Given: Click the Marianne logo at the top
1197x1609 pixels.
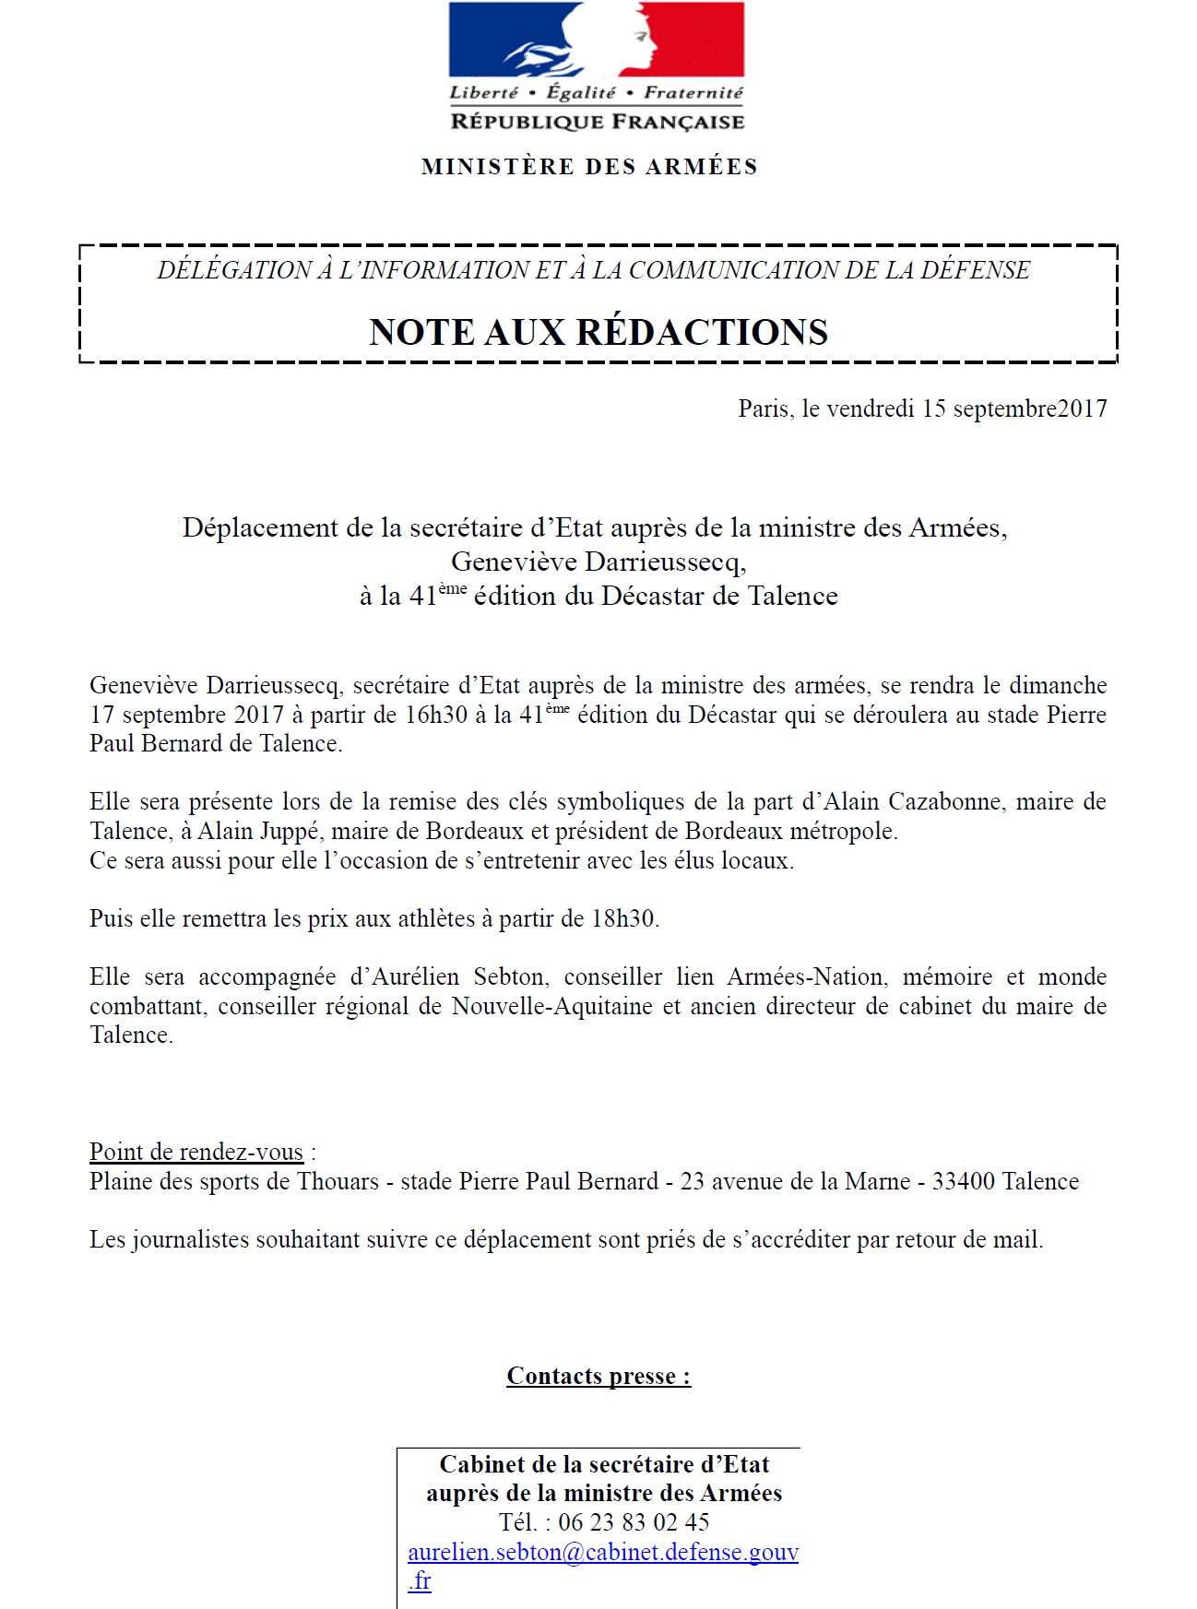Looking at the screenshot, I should (596, 40).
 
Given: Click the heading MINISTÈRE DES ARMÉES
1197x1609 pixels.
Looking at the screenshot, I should (589, 167).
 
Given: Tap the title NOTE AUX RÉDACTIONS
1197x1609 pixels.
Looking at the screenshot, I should (598, 332).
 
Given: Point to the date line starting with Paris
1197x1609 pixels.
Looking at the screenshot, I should (922, 408).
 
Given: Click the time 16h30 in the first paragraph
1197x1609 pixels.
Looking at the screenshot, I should (436, 715).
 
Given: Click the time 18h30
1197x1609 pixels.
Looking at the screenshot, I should (623, 918).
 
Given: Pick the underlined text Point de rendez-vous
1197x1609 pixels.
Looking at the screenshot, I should (196, 1152).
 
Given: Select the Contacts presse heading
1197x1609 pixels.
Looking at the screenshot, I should (598, 1376).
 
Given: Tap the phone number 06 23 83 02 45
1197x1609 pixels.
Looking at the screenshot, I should (634, 1522).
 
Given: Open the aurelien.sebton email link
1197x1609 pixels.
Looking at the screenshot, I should (603, 1552).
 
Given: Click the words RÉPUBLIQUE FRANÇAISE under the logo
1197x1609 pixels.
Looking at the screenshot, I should (597, 122).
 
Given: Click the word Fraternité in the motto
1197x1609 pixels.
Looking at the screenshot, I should (693, 92).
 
